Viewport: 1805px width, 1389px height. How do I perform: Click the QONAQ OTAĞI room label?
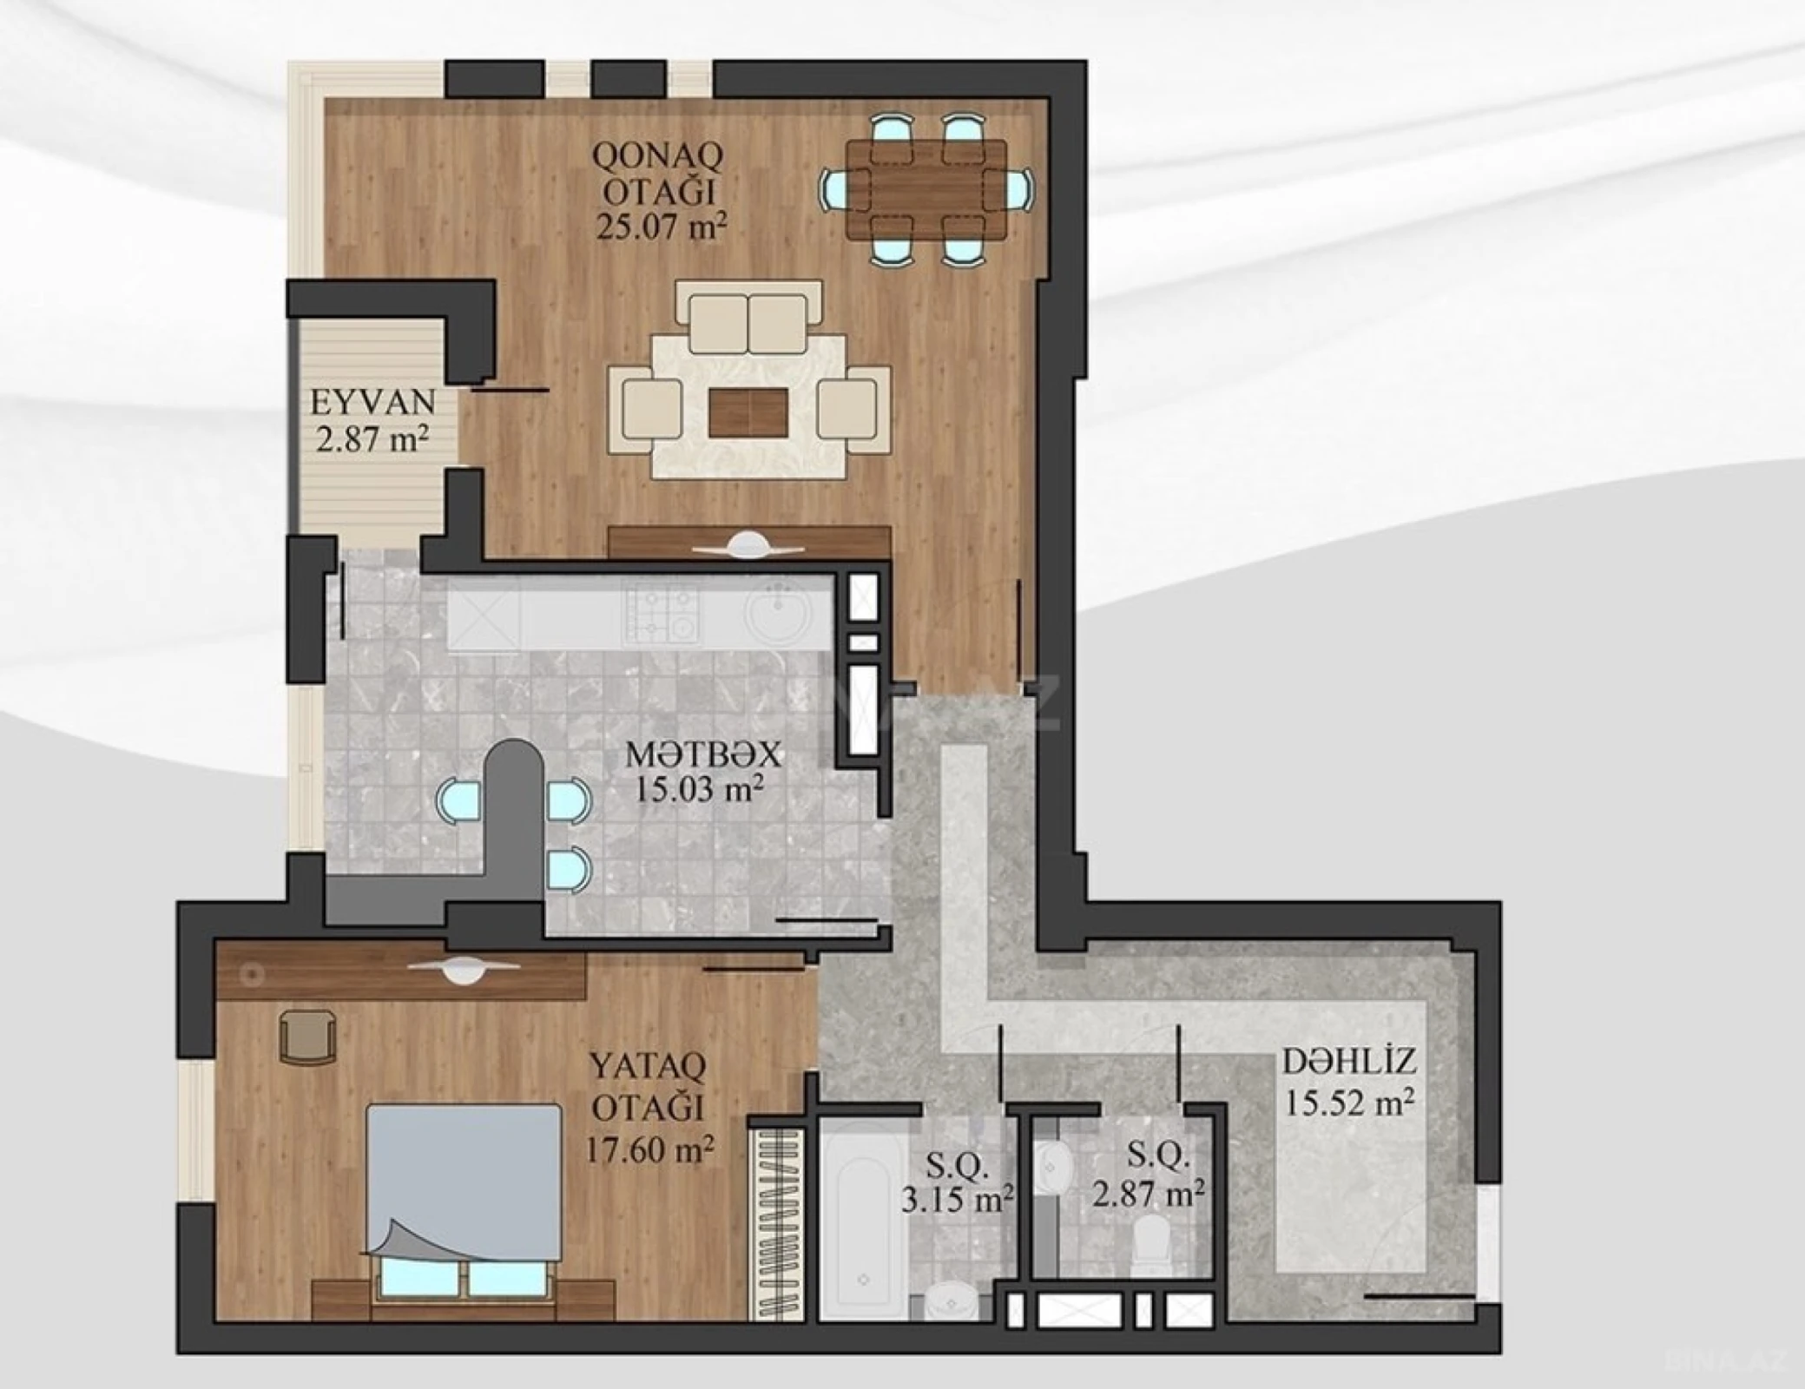click(657, 173)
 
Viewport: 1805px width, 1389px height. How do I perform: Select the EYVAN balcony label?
click(372, 402)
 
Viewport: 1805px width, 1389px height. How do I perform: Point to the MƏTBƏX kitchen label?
click(703, 754)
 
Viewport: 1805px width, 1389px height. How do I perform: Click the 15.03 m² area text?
click(699, 789)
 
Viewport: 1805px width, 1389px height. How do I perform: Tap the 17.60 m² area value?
click(649, 1149)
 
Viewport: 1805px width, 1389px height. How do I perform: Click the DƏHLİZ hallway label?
click(1349, 1061)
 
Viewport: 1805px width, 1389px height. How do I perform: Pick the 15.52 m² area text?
click(1349, 1103)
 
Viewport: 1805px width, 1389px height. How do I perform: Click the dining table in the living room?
click(926, 190)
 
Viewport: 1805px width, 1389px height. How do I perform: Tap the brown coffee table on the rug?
click(748, 413)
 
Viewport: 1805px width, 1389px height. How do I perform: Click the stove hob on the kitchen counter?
click(661, 612)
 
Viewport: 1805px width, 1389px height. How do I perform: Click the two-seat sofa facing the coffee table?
click(748, 323)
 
